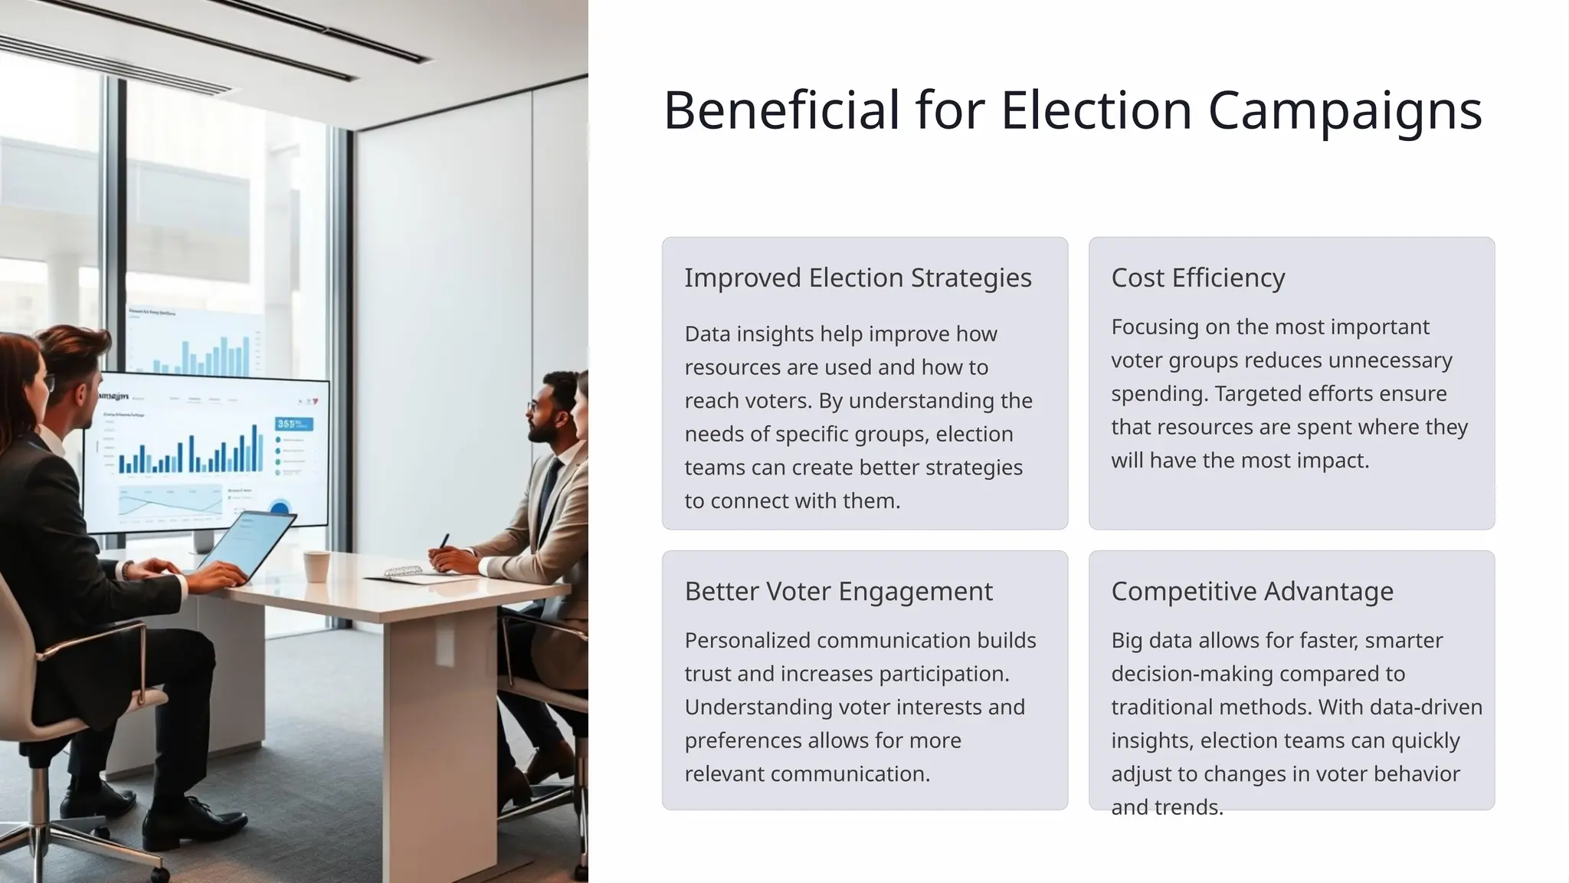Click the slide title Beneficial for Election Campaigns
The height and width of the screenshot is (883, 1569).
click(1072, 110)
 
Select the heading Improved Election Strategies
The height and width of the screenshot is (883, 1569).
click(857, 277)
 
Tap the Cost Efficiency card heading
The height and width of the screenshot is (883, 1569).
click(1197, 277)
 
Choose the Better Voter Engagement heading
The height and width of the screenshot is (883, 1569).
click(838, 591)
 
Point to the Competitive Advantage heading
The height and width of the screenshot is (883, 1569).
click(1252, 591)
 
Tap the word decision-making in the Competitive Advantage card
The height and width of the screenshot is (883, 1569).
click(1184, 674)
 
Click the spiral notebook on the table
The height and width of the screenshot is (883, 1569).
click(402, 571)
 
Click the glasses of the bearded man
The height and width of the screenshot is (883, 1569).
click(534, 404)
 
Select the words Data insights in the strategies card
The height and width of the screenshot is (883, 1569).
click(738, 334)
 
